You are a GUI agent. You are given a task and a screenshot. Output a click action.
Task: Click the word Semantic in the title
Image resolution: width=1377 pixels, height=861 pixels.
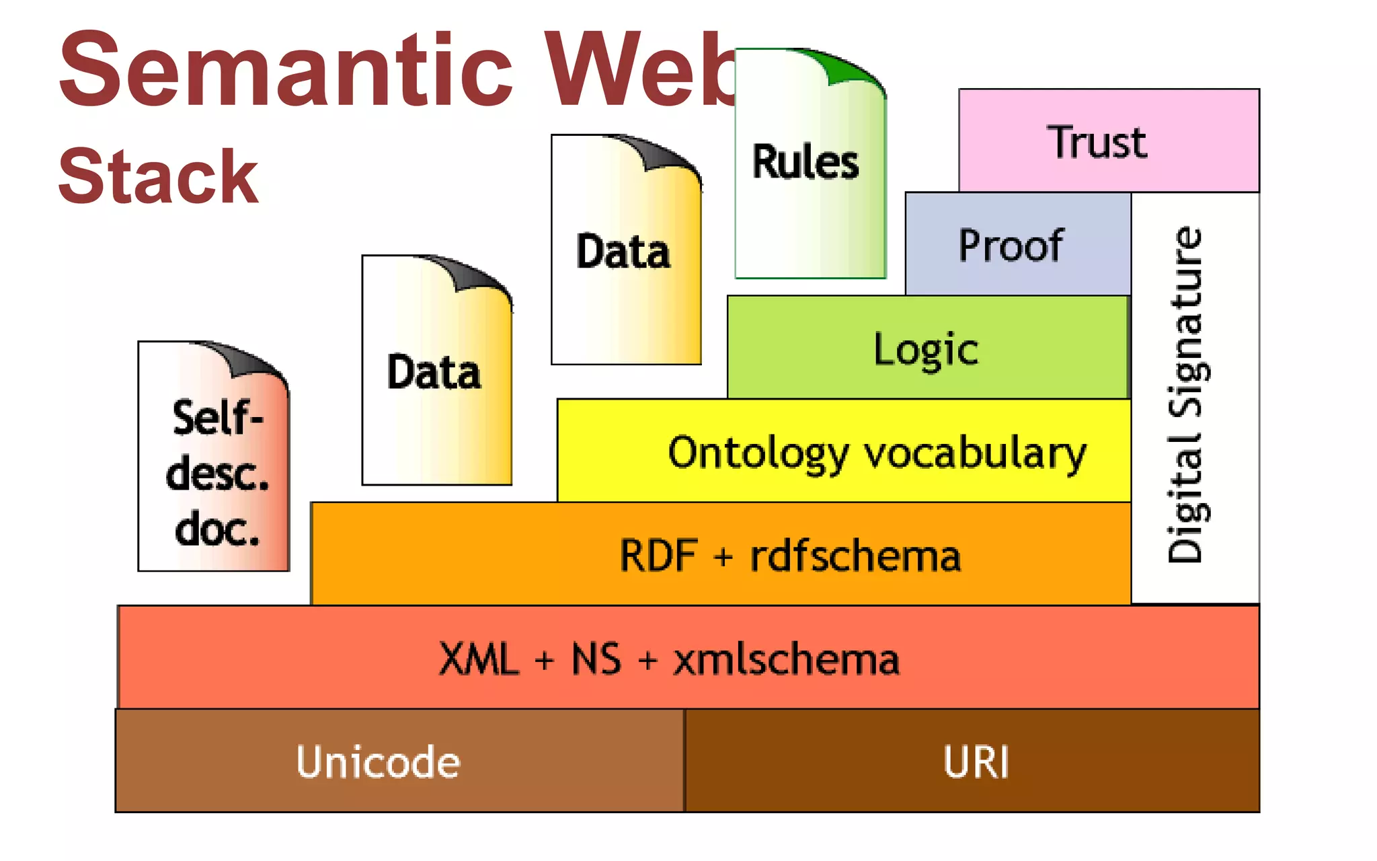[x=286, y=71]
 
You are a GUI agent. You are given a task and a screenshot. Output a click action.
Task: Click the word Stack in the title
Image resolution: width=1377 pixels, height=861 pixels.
[x=159, y=177]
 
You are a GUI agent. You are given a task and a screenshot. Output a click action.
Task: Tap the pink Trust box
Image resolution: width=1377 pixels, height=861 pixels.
[x=1108, y=141]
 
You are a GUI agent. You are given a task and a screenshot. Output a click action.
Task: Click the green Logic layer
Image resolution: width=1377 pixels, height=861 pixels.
[x=927, y=348]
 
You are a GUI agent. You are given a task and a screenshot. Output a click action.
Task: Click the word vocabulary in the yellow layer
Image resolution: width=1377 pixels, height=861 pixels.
[x=975, y=453]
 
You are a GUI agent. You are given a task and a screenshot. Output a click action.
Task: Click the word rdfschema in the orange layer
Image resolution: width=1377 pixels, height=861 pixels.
[x=855, y=556]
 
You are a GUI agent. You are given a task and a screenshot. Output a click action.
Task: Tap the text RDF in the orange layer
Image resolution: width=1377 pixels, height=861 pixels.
[x=658, y=556]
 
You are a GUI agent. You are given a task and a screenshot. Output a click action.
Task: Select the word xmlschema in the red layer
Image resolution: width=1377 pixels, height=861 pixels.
[x=786, y=659]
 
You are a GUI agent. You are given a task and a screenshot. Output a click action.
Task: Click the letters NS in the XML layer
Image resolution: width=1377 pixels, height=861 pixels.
[x=596, y=659]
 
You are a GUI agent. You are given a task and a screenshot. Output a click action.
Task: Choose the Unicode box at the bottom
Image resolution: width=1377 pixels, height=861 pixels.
[x=379, y=761]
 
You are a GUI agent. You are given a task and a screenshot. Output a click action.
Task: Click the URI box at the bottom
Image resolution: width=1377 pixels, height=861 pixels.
[x=975, y=761]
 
